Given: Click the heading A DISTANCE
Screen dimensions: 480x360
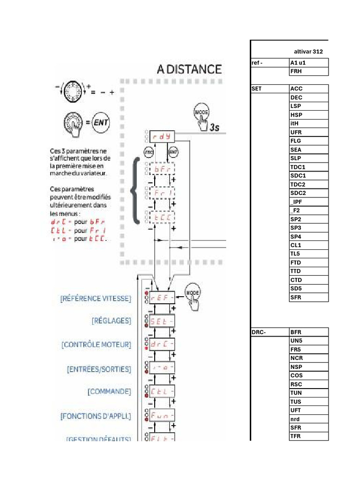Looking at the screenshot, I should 189,69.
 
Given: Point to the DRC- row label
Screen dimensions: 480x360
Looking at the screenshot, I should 259,332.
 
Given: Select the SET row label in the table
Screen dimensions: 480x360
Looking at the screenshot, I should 256,89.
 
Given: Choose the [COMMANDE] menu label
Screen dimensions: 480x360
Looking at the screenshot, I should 109,391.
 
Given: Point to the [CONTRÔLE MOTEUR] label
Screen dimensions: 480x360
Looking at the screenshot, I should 96,345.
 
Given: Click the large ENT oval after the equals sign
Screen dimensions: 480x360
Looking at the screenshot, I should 101,122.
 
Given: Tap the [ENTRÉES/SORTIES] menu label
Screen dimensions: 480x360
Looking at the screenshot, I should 99,369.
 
